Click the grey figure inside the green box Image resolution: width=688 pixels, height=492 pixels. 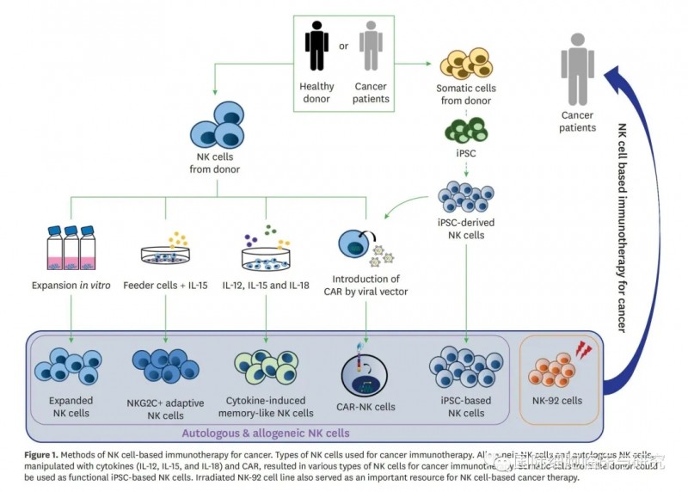pyautogui.click(x=371, y=46)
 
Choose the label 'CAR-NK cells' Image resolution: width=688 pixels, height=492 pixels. pyautogui.click(x=367, y=407)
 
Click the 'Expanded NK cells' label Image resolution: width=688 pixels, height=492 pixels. pyautogui.click(x=65, y=407)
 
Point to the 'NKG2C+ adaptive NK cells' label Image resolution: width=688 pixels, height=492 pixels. pyautogui.click(x=166, y=407)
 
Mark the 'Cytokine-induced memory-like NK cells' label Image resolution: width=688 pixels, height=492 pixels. pyautogui.click(x=266, y=407)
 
